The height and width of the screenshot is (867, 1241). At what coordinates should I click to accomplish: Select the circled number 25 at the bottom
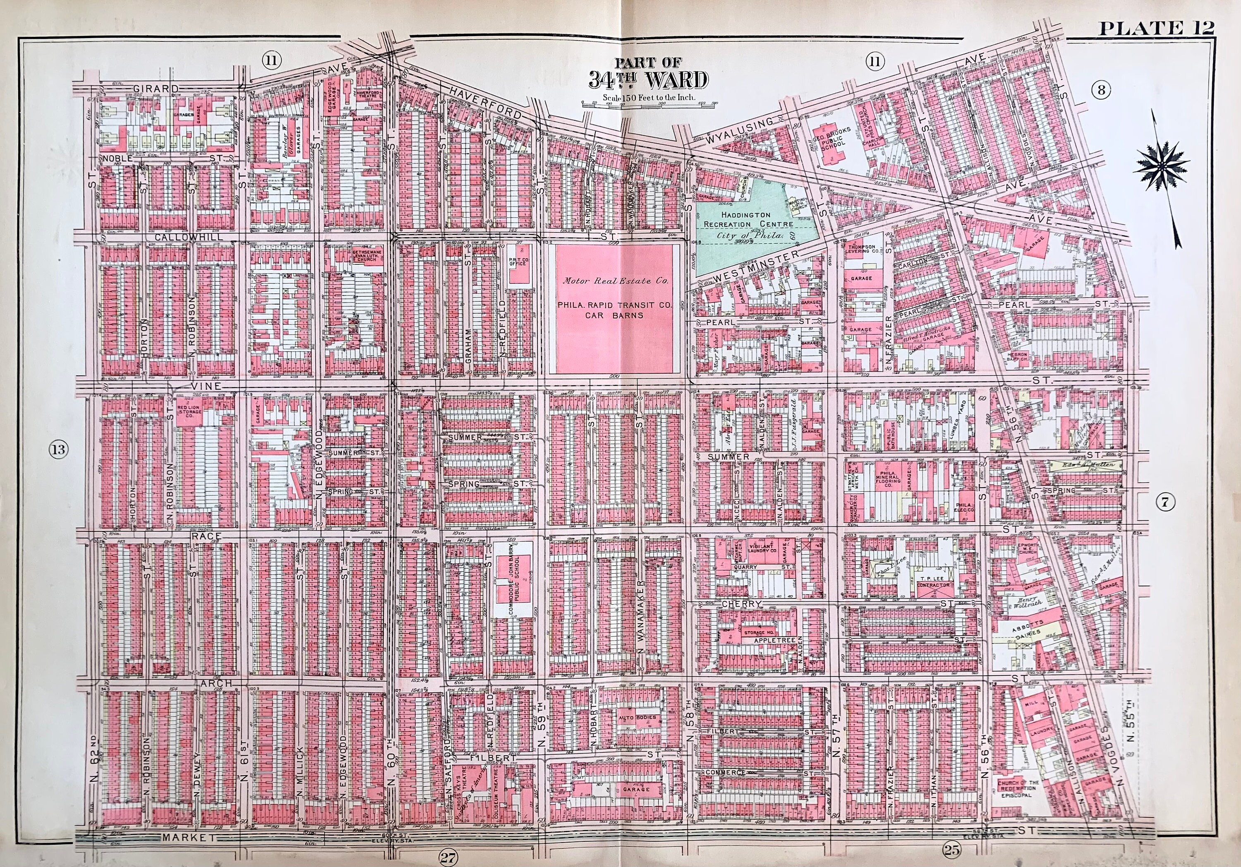coord(951,850)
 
